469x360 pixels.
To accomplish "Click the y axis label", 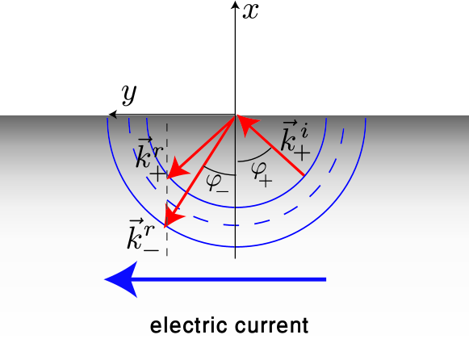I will (x=128, y=94).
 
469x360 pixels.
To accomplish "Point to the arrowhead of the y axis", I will (x=113, y=115).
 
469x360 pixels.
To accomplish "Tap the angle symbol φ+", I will (x=261, y=170).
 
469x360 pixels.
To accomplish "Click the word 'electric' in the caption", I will (x=186, y=326).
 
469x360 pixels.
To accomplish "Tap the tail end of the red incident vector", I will (x=304, y=176).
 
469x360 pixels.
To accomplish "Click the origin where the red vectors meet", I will (x=235, y=115).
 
